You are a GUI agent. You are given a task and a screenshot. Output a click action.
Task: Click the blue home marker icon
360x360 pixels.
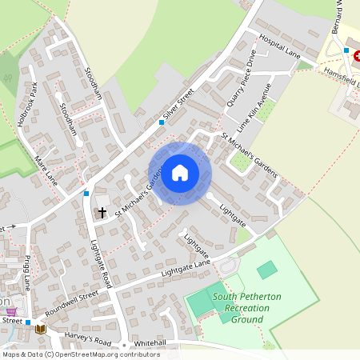[x=180, y=172]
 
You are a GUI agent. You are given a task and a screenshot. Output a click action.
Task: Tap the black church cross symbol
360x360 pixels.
[x=102, y=213]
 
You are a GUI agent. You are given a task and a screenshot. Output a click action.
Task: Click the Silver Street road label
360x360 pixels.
[x=178, y=106]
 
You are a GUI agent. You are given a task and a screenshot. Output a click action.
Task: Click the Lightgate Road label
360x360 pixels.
[x=102, y=264]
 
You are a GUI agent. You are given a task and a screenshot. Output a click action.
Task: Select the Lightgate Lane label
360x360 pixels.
[x=185, y=269]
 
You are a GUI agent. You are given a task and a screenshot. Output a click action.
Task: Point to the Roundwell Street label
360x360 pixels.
[x=71, y=302]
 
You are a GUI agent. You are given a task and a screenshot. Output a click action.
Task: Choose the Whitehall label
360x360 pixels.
[x=150, y=342]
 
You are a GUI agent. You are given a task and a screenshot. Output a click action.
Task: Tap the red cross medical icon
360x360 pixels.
[x=357, y=57]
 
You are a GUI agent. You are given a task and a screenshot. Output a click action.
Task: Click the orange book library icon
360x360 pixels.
[x=40, y=328]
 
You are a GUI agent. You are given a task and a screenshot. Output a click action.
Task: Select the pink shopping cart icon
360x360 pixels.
[x=11, y=310]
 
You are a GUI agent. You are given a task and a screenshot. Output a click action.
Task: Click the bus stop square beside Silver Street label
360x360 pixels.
[x=162, y=122]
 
